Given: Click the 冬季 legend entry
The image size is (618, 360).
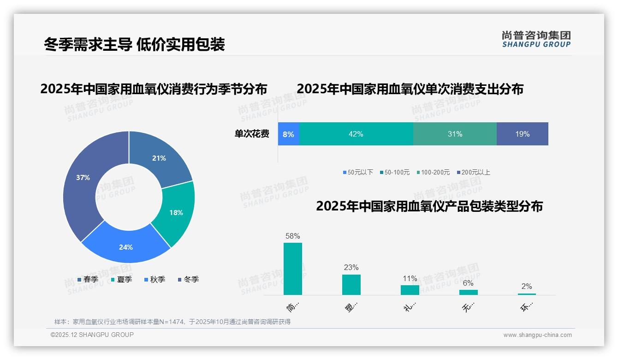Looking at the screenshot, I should point(188,279).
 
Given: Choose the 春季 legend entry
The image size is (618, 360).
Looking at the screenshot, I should point(88,279).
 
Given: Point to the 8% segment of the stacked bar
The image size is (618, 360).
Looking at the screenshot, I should point(289,134).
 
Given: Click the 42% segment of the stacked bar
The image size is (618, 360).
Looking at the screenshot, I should point(356,134).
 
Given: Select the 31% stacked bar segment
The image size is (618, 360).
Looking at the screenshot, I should point(455,134).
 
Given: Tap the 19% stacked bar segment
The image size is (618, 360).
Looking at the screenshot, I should point(522,134).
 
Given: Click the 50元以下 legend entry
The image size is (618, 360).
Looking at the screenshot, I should point(358,172).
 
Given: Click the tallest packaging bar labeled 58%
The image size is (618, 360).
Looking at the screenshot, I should point(293,269).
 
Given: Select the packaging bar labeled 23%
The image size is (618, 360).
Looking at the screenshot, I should point(351,284).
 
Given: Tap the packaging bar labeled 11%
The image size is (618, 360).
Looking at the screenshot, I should point(410,290).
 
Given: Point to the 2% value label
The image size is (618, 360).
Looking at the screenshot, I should point(527,286).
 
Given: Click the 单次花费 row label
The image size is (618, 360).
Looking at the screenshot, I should point(252,134).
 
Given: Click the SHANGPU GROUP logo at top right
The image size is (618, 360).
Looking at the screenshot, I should point(536,39).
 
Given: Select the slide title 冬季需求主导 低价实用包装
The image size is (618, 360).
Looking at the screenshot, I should point(134,44).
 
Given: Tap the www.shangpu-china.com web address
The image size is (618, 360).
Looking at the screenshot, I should point(537,335).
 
